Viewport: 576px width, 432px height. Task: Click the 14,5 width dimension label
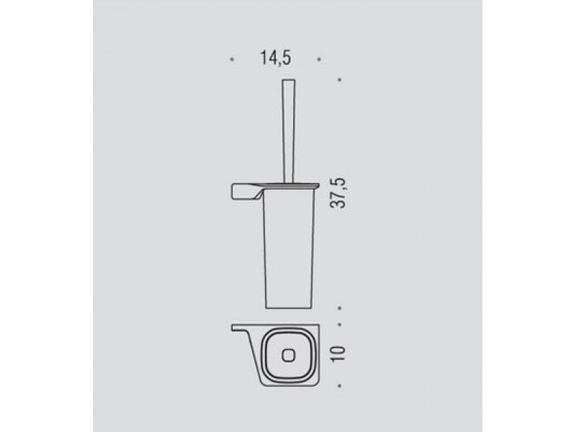click(x=276, y=58)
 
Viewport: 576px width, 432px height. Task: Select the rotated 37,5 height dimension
click(x=338, y=193)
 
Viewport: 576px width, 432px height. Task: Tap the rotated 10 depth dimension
click(x=338, y=354)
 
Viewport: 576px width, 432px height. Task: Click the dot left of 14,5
click(x=231, y=59)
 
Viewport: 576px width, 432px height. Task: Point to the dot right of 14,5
click(x=319, y=59)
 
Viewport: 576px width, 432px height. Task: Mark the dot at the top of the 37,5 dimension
click(x=339, y=79)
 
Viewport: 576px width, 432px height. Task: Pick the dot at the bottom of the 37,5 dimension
click(x=339, y=308)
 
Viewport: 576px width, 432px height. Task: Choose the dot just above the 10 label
click(x=339, y=325)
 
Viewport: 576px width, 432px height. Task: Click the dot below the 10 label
click(x=339, y=386)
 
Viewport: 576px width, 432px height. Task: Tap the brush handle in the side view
click(x=289, y=131)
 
